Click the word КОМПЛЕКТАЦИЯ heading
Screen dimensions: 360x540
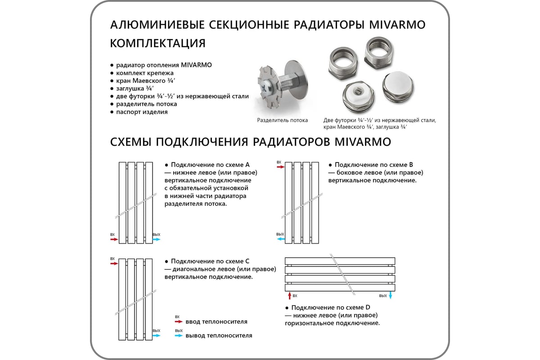(157, 44)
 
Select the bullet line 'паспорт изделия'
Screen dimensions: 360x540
(142, 112)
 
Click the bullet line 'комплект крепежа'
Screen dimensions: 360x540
(144, 72)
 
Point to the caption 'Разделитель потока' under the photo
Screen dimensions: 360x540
(283, 121)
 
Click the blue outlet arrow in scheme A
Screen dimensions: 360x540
(156, 239)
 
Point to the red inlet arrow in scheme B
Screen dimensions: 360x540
(280, 167)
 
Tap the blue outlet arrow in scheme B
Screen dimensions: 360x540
(280, 239)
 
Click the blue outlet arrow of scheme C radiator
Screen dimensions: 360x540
(156, 335)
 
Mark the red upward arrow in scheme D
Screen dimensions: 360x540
(289, 296)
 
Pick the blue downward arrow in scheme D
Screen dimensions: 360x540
(391, 296)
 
